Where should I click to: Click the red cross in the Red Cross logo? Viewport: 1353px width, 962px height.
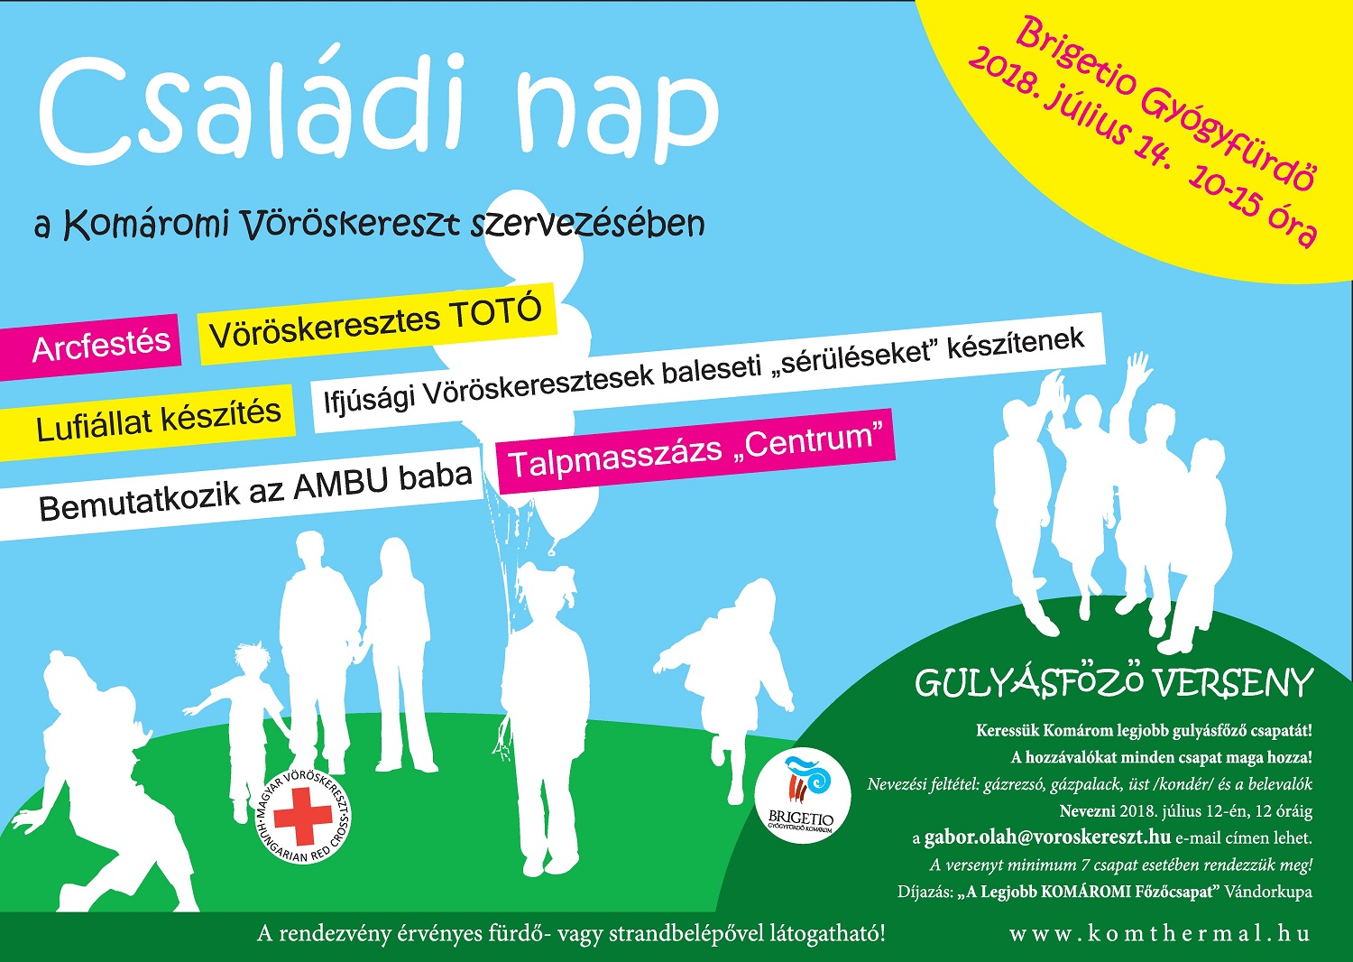(303, 817)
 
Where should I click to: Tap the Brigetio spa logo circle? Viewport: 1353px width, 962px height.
(803, 799)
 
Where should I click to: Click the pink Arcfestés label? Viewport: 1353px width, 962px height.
(89, 347)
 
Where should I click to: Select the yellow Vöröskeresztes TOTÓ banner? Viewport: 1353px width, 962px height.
(377, 323)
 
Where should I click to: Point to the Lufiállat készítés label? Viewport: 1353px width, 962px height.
(147, 421)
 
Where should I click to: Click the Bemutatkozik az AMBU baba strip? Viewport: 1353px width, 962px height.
(242, 495)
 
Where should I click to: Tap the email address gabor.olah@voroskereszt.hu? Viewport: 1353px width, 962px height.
(1047, 837)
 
